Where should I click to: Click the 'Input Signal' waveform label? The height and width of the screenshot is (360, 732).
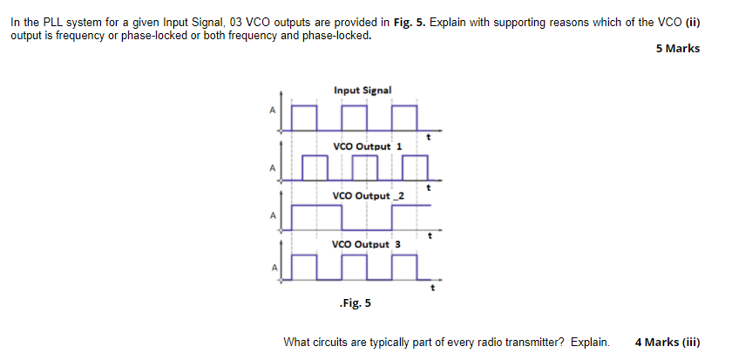tap(363, 90)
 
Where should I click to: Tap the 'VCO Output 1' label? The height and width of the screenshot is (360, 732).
tap(367, 146)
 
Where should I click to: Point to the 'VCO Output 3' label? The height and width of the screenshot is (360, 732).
tap(367, 244)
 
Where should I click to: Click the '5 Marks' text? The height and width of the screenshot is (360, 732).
tap(677, 49)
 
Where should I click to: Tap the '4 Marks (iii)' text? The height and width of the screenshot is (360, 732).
tap(668, 342)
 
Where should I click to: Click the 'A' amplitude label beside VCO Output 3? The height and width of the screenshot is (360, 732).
tap(272, 266)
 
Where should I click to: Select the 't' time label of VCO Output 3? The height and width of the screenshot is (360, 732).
tap(432, 285)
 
